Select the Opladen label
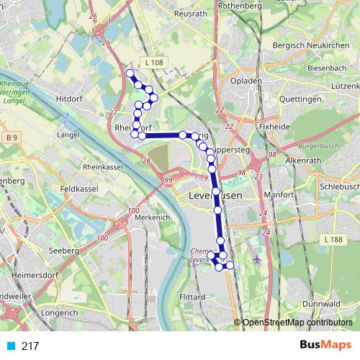click(247, 81)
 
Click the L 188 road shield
click(333, 239)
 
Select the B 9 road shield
click(10, 137)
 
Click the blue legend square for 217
click(10, 346)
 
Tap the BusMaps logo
click(325, 346)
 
